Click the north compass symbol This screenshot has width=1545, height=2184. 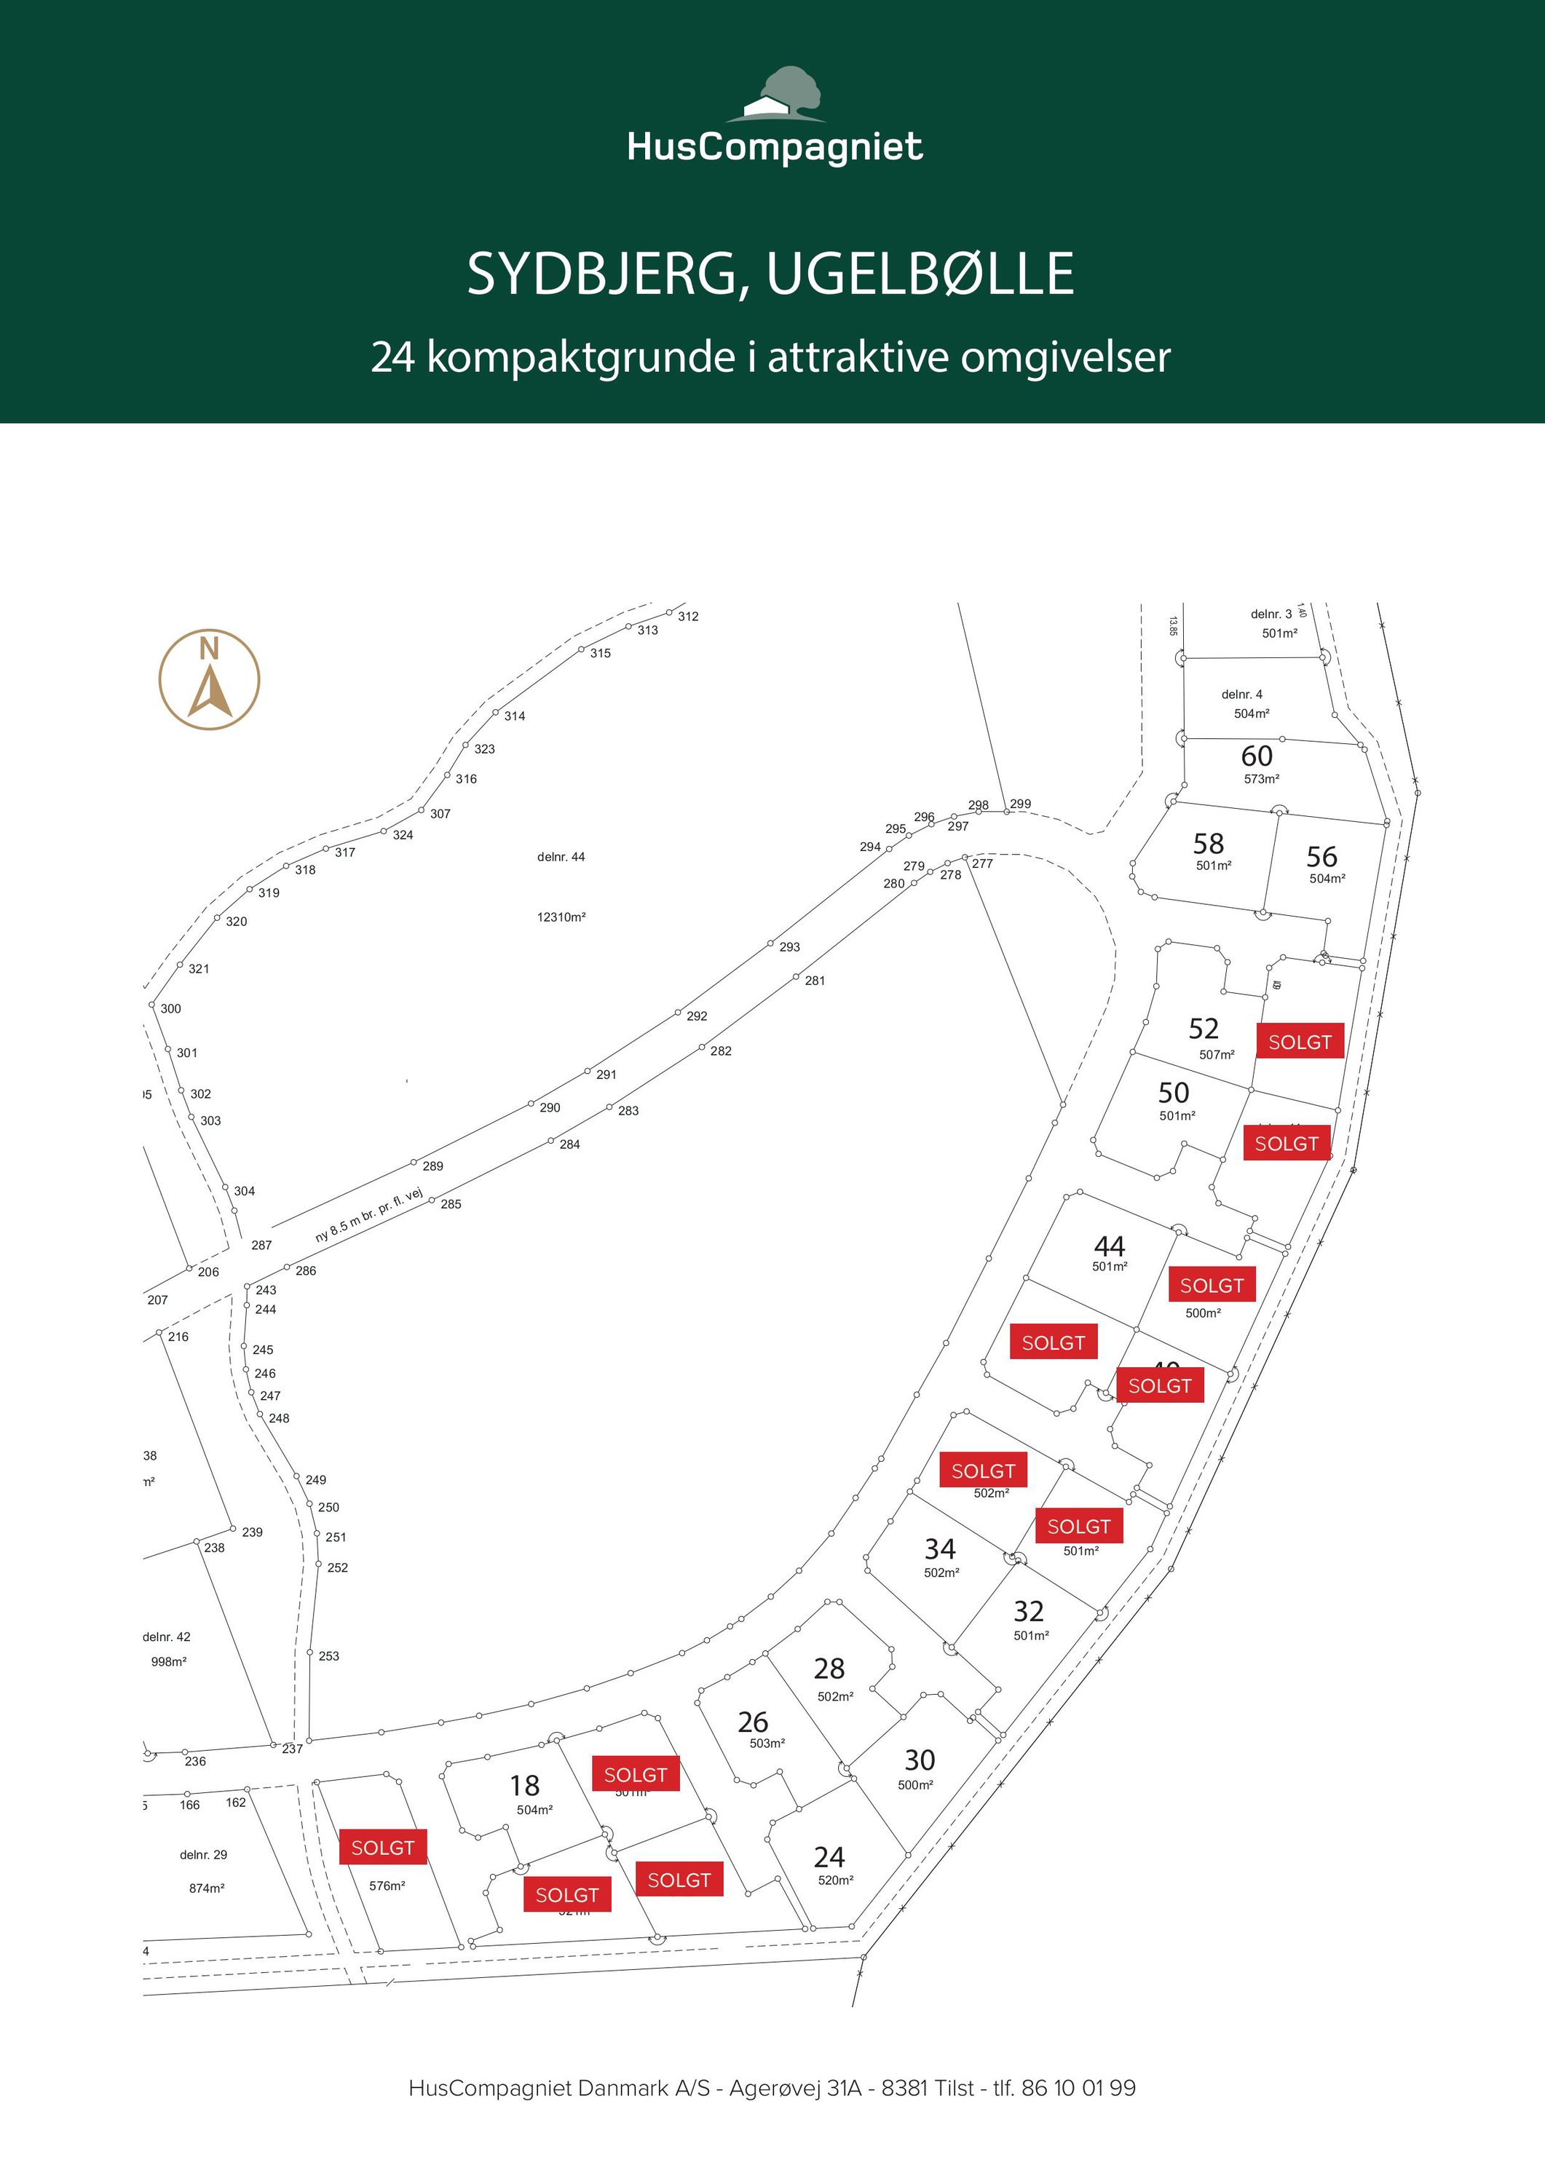(x=209, y=679)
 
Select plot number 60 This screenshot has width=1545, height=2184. (x=1256, y=756)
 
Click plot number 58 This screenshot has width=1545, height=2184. (x=1208, y=844)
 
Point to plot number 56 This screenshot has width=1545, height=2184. (x=1321, y=856)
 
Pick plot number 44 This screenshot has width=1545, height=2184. (x=1110, y=1246)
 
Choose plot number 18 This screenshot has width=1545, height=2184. (x=524, y=1786)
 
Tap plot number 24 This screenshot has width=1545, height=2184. (x=829, y=1857)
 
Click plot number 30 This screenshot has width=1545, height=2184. (x=919, y=1760)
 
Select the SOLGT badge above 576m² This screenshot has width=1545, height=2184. (x=382, y=1847)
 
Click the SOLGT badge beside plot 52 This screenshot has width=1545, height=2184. (x=1300, y=1042)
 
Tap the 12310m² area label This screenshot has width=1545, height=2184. (x=561, y=917)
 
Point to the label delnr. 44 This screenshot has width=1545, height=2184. (x=561, y=857)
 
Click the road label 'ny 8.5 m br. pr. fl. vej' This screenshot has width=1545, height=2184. (x=369, y=1216)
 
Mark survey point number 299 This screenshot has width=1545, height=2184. (x=1020, y=804)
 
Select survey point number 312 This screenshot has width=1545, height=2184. (x=688, y=617)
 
